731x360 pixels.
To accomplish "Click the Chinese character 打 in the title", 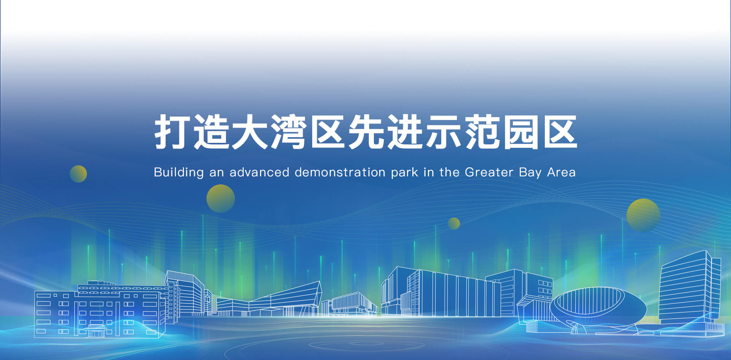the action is tap(171, 132).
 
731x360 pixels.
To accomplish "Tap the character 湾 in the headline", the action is tap(289, 132).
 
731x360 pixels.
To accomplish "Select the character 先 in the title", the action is tap(366, 132).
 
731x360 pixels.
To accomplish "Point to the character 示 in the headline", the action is tap(444, 132).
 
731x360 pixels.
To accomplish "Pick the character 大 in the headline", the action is tap(250, 132).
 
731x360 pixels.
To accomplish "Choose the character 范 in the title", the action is tap(483, 132).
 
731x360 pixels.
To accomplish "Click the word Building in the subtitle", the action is tap(179, 173).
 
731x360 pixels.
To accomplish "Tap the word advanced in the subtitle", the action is tap(259, 172).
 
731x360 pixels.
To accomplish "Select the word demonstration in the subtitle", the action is tap(340, 172).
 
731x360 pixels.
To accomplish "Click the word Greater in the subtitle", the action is tap(489, 172).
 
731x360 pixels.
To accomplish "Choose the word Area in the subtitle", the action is tap(561, 172).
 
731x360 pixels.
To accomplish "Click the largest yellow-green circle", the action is tap(643, 215).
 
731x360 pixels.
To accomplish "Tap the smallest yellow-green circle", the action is tap(454, 224).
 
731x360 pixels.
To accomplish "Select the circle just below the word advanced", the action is tap(220, 198).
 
